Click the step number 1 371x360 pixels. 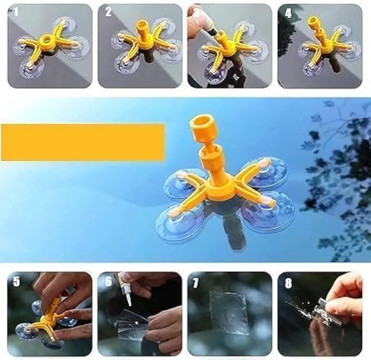16,11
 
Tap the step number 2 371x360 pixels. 108,11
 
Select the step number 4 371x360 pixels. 288,13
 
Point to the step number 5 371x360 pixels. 16,282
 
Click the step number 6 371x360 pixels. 108,282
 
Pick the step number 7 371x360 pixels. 196,283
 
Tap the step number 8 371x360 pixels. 288,283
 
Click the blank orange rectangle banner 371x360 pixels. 83,142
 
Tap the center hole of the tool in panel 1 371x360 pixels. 46,39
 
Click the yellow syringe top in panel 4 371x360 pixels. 315,23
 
